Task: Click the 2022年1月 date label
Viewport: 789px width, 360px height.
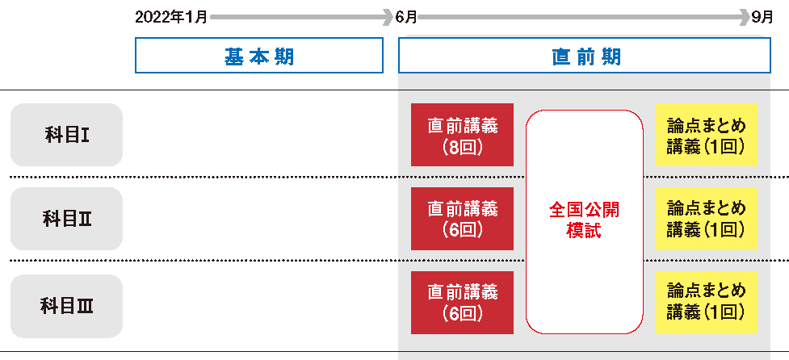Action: point(171,16)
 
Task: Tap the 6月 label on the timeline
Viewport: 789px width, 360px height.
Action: point(406,16)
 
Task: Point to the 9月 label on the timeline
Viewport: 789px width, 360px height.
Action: point(762,16)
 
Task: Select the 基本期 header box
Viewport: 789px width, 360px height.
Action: point(258,57)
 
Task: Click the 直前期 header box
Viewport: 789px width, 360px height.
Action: point(584,57)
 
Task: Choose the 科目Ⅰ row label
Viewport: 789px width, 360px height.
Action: point(66,135)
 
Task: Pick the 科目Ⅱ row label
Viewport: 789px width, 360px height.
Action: point(66,219)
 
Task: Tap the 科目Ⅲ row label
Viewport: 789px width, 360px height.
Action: point(66,306)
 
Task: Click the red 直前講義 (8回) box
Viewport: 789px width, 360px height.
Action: point(462,135)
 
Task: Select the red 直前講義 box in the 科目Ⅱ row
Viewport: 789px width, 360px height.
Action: point(462,219)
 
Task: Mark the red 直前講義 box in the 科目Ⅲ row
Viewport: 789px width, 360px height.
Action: point(462,303)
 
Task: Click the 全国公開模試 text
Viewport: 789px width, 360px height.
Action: point(585,220)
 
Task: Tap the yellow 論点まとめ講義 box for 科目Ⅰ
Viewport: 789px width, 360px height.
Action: point(706,135)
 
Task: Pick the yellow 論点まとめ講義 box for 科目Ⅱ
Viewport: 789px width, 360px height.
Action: point(706,219)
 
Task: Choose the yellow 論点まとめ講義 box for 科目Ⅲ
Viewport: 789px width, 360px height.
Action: point(706,303)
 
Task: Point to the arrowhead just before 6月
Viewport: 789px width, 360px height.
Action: point(388,16)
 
